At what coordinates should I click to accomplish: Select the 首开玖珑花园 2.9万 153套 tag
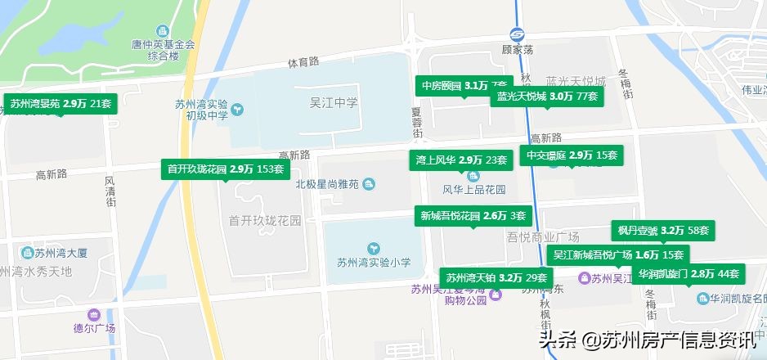(x=225, y=169)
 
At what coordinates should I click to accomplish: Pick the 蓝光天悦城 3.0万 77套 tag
(x=548, y=97)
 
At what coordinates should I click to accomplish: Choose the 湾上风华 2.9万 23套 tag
(x=461, y=160)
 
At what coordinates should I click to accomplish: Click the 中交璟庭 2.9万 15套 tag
(x=572, y=155)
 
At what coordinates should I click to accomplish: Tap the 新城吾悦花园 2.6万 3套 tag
(x=473, y=216)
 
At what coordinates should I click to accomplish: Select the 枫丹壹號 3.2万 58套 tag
(x=663, y=231)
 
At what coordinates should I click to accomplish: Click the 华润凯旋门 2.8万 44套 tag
(x=689, y=273)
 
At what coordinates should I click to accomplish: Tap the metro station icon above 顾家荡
(x=518, y=34)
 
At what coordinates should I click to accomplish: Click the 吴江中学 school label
(x=334, y=102)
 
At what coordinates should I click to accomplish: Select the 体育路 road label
(x=303, y=62)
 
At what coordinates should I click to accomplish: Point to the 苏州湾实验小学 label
(x=374, y=263)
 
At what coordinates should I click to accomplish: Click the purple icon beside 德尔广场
(x=93, y=315)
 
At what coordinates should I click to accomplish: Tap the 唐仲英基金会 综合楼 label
(x=163, y=50)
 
